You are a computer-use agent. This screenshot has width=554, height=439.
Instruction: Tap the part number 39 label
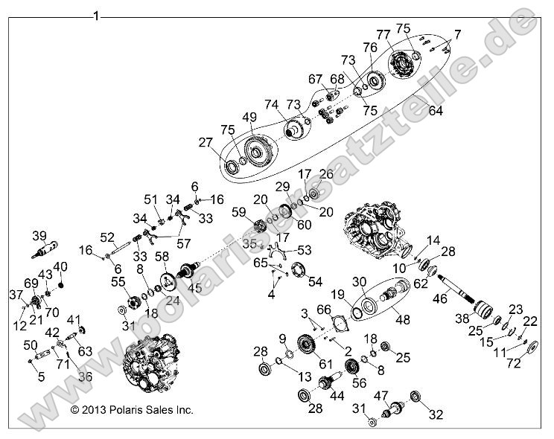40,236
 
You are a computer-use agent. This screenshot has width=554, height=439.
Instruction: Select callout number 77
383,34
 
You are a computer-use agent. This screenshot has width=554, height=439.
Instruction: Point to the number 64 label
436,111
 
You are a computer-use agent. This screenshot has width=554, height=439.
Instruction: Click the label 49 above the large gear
249,117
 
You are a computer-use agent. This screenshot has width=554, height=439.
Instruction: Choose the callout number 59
239,212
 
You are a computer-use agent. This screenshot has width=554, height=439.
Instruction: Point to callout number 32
436,416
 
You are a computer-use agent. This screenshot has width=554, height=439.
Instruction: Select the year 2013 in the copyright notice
93,409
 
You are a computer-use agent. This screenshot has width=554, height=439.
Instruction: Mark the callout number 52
107,237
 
